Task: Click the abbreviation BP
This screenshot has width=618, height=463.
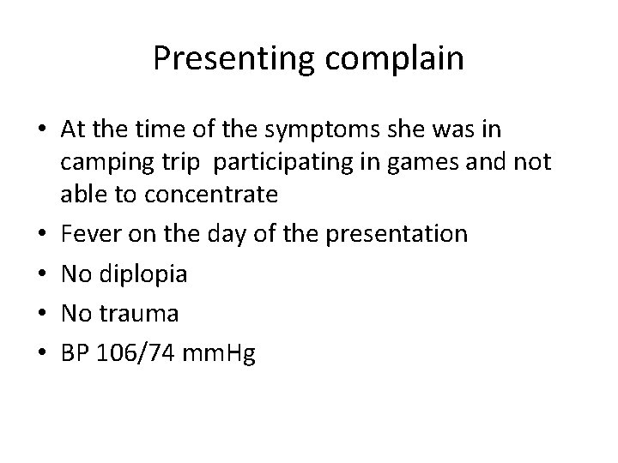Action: pos(75,352)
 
